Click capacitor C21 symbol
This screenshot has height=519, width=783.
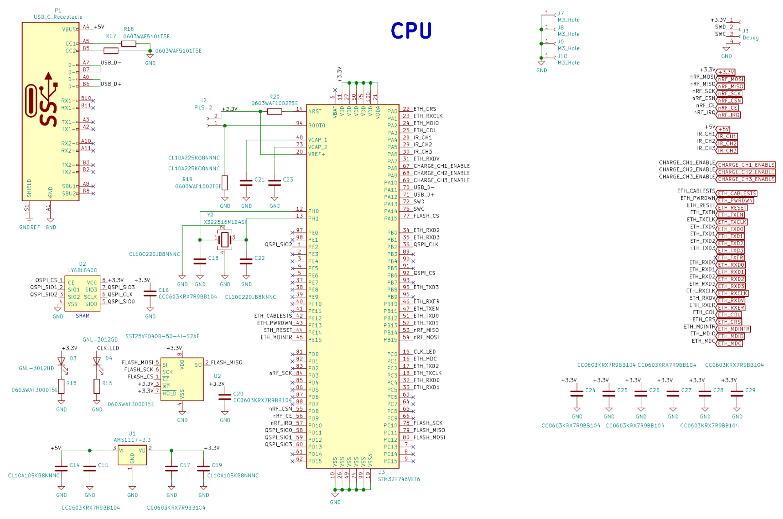pos(246,183)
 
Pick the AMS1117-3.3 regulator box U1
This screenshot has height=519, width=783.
pos(132,455)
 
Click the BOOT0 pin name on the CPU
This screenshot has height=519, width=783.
pos(317,126)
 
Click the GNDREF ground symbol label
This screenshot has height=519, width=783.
pos(30,227)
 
